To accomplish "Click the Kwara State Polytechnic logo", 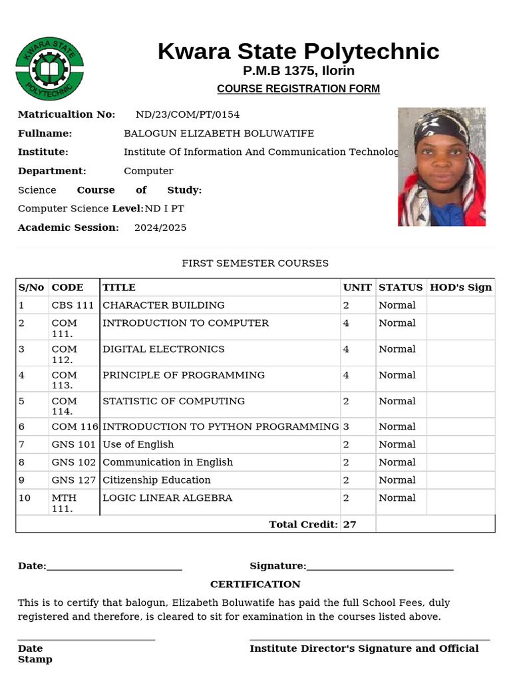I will [x=50, y=69].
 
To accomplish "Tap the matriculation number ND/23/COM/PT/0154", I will [x=188, y=114].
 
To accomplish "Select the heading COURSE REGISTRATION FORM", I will [x=299, y=88].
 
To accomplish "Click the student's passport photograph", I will [x=442, y=167].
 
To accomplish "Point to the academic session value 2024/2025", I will [x=160, y=227].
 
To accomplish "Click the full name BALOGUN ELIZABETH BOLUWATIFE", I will [x=219, y=134].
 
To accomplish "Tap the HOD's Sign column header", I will [x=461, y=287].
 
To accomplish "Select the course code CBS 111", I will [x=73, y=305].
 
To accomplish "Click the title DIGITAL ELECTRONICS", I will [x=164, y=349].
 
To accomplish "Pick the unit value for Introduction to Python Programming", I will [x=346, y=427].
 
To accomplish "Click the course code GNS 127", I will [x=74, y=480].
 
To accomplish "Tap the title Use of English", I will [x=138, y=444].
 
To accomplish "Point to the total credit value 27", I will [x=350, y=525].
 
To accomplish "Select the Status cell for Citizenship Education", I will [x=397, y=480].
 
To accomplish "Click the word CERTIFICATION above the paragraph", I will [x=255, y=584].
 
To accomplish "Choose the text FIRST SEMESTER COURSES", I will [x=255, y=263].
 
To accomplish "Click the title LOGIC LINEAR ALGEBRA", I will [x=168, y=498].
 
